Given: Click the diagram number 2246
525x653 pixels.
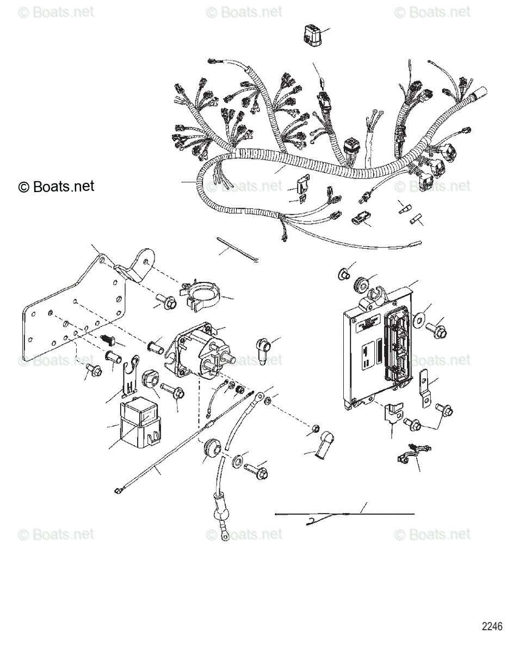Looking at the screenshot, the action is coord(492,626).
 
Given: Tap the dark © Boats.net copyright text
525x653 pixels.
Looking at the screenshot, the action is coord(56,187).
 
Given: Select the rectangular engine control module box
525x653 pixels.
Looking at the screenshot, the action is coord(375,356).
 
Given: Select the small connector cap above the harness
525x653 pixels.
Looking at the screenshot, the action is coord(312,37).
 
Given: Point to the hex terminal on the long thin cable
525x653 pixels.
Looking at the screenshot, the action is coord(118,491).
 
